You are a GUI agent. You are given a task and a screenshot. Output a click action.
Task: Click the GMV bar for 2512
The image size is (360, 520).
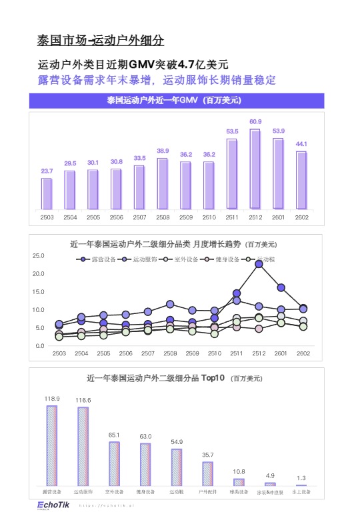255,168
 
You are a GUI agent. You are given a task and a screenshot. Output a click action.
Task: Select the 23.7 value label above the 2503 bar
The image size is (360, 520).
47,171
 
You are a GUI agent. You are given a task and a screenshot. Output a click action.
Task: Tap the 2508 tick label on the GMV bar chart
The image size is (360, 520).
162,217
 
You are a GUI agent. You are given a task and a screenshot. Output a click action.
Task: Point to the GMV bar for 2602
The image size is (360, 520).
301,180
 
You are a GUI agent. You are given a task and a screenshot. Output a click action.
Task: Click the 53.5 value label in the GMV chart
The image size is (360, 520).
232,131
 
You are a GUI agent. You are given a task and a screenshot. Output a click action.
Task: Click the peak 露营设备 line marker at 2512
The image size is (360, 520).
259,264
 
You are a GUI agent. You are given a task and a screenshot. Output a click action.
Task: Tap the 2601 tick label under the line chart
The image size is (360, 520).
281,353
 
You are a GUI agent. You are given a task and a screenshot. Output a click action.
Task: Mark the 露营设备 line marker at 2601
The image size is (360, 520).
281,287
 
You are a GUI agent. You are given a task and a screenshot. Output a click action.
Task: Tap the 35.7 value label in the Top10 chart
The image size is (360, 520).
208,455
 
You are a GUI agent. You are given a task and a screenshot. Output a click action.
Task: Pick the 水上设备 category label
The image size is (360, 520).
301,492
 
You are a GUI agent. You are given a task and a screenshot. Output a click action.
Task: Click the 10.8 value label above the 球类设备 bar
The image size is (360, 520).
239,471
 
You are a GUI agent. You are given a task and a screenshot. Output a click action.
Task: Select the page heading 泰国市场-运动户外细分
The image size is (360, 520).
100,41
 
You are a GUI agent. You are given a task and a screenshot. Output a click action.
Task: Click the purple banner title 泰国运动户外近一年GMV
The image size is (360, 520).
173,101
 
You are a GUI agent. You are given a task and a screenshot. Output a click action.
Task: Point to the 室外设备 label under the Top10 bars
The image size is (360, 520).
114,492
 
